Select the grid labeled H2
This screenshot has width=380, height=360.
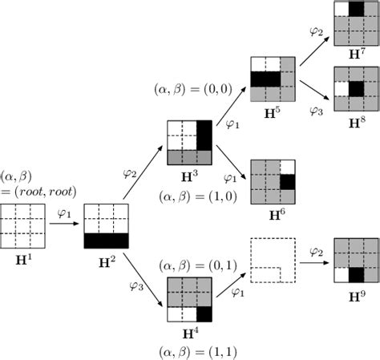106,226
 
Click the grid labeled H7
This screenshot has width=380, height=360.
354,22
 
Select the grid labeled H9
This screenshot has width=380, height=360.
354,261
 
